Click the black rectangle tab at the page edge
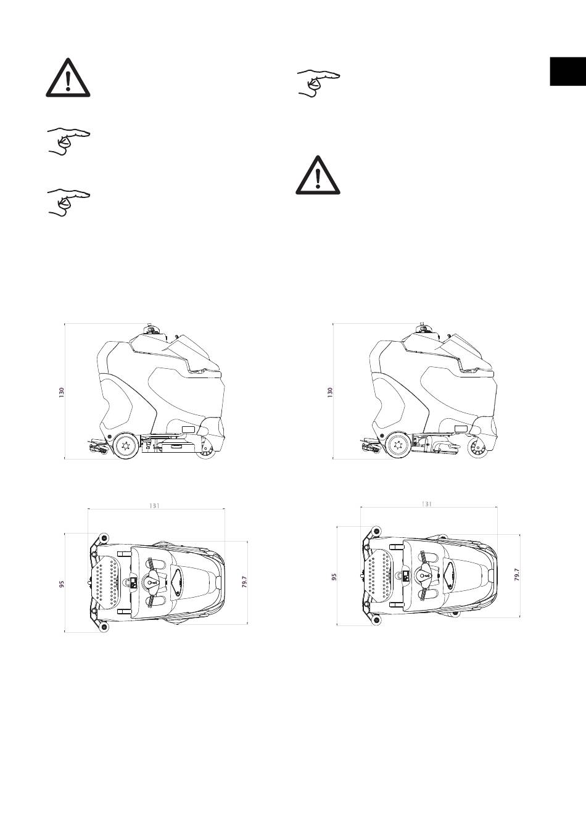(x=568, y=72)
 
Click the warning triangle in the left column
(x=68, y=78)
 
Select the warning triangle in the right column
(x=318, y=175)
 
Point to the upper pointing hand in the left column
(x=69, y=142)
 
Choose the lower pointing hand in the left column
(x=69, y=203)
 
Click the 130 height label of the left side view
(x=62, y=393)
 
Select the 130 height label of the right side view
(x=330, y=393)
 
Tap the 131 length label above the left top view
(x=154, y=506)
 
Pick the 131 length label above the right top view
(x=427, y=504)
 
